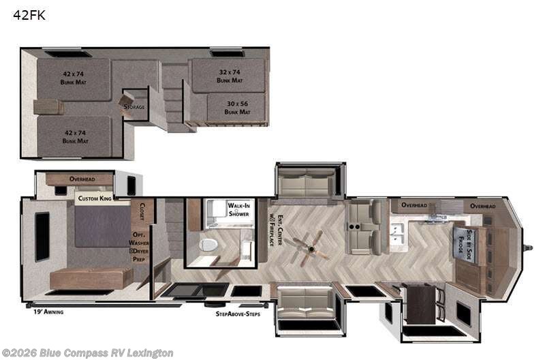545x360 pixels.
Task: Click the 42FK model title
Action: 29,15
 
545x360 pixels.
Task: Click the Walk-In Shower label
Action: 238,209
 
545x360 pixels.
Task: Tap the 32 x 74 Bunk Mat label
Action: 229,76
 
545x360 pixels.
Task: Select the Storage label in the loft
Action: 134,106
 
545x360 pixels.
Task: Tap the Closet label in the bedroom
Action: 142,211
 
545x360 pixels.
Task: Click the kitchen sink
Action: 398,236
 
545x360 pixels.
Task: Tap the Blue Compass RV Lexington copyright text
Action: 87,352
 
